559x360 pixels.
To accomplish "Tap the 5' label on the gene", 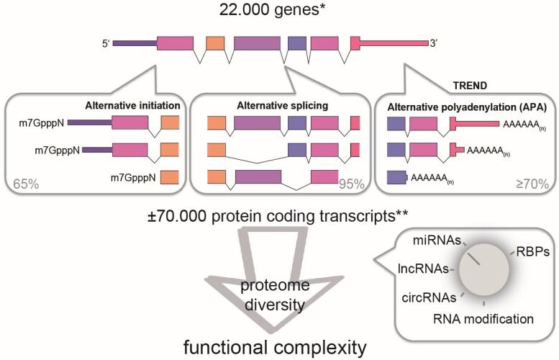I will click(105, 45).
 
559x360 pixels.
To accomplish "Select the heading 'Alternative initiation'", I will click(132, 105).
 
